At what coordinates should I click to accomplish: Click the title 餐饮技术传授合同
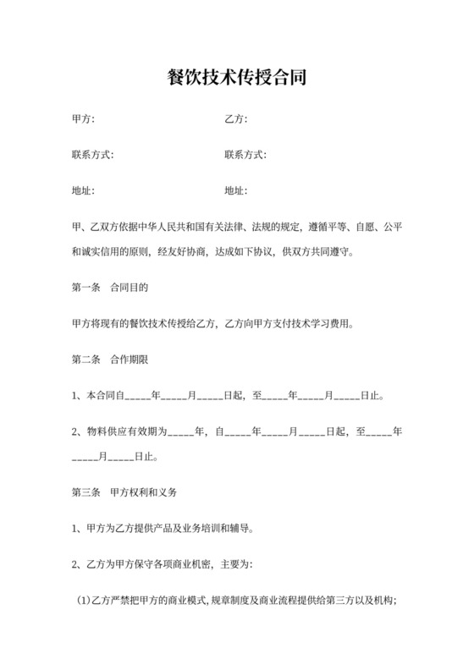[236, 79]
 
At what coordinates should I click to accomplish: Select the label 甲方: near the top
[83, 118]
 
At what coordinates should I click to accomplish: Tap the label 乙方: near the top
[235, 118]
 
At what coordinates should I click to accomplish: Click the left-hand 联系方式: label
[92, 155]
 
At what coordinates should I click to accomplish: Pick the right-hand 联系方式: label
[245, 155]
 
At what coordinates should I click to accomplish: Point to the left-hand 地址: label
[83, 191]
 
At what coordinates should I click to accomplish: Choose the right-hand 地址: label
[235, 191]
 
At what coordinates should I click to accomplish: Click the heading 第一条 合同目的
[110, 288]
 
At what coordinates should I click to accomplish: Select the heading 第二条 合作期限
[110, 360]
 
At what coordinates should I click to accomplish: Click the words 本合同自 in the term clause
[104, 395]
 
